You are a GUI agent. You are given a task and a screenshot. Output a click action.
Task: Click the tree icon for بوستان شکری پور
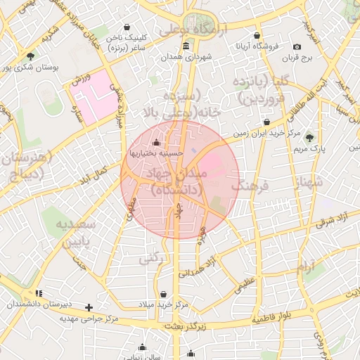point(30,56)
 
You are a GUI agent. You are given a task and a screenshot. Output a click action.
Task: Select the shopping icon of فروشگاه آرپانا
point(257,35)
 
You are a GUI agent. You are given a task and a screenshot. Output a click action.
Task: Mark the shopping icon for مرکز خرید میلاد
point(163,294)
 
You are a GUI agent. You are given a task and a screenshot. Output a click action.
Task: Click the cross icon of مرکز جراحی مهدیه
point(89,307)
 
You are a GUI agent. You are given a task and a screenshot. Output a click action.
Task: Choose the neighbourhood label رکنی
point(150,258)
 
